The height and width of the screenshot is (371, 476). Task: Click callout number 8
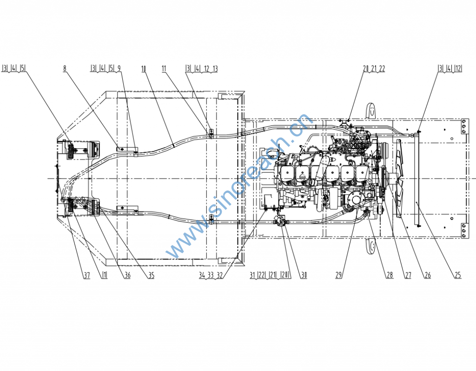coord(65,69)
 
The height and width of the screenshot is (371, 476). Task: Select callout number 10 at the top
coord(144,69)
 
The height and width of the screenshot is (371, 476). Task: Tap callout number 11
coord(164,69)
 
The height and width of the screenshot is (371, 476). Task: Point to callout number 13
coord(215,69)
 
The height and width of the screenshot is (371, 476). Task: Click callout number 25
coord(458,275)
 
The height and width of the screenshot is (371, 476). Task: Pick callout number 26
coord(428,275)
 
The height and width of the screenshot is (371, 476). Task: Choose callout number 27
coord(408,275)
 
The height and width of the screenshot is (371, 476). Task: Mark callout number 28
coord(390,275)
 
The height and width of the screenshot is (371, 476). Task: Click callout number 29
coord(339,275)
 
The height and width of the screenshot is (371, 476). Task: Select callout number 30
coord(304,275)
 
